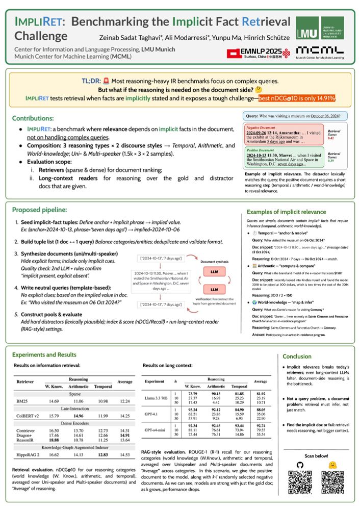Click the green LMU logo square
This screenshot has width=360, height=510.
pos(308,28)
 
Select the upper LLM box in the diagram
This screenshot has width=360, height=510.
pos(214,272)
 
